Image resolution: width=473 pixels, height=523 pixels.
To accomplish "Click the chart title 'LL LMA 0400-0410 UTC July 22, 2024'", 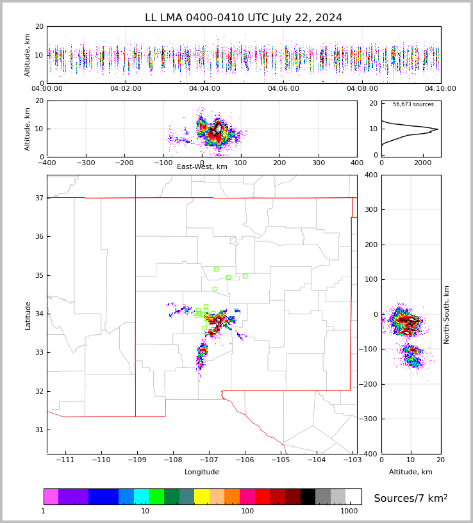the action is pos(244,17).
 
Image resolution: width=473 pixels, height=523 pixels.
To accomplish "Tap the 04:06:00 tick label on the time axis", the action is pos(283,88).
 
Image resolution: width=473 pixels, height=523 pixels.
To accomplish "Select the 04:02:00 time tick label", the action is pos(126,88).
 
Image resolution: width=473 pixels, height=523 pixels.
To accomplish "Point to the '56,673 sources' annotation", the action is pos(413,104).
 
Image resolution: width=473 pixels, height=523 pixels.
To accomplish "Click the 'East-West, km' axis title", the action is pos(202,166).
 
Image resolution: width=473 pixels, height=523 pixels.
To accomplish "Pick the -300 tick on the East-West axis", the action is pos(86,163).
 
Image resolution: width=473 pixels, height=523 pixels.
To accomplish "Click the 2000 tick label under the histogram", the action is pos(423,163).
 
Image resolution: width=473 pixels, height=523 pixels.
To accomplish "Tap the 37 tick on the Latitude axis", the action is pos(40,198).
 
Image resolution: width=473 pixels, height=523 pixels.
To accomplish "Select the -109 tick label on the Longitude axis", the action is pos(137,460).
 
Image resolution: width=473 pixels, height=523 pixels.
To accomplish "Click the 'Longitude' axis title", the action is pos(202,472).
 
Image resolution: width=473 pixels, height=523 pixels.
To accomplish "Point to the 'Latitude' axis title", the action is pos(28,316).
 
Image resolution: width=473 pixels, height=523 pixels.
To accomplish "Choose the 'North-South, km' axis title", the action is pos(446,315).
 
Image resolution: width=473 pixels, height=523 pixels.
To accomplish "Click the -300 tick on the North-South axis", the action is pos(368,419).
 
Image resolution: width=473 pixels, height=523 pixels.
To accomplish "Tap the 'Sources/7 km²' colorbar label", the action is pos(411,498).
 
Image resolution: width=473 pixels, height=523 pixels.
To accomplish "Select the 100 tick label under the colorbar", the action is pos(247,511).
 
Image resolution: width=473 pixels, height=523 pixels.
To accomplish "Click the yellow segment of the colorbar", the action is pos(202,497).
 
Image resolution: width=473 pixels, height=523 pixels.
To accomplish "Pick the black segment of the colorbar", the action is pos(308,497).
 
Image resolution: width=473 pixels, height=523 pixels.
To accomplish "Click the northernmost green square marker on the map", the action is pos(216,269).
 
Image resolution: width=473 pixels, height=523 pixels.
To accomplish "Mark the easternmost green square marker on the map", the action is pos(245,276).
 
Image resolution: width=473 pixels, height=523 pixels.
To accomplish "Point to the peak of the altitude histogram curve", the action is pos(438,129).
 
